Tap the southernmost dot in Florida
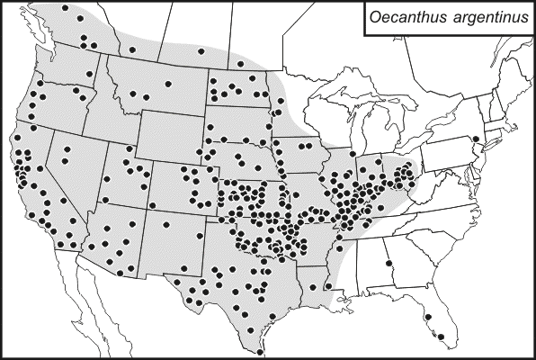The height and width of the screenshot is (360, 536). pyautogui.click(x=441, y=337)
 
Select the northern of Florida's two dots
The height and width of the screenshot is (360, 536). pyautogui.click(x=428, y=317)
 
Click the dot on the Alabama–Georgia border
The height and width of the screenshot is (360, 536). pyautogui.click(x=389, y=264)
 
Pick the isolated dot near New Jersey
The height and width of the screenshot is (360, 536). pyautogui.click(x=475, y=139)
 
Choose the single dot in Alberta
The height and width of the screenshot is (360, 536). pyautogui.click(x=132, y=49)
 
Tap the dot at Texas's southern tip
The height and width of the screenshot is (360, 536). pyautogui.click(x=260, y=340)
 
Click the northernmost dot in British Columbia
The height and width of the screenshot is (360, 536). pyautogui.click(x=66, y=7)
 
